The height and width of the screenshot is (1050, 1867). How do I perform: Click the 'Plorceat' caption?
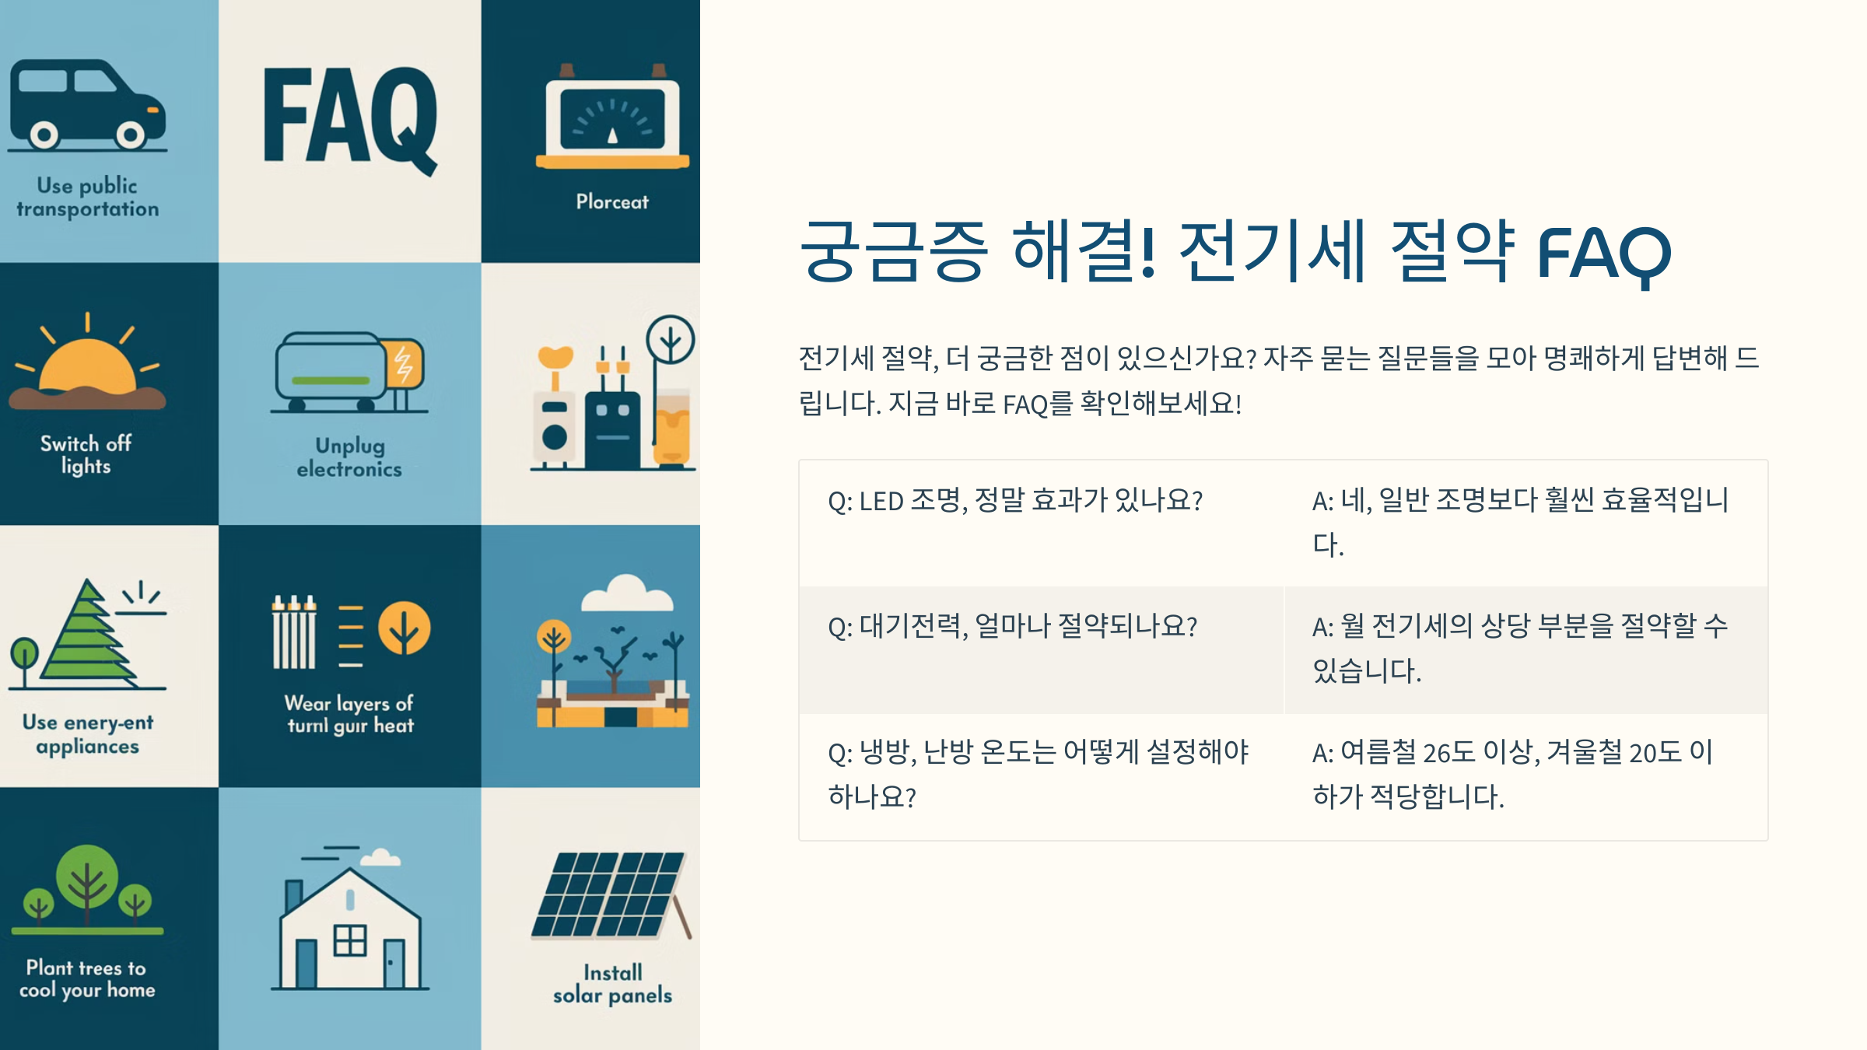click(612, 202)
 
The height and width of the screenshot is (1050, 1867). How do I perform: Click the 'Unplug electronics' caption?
click(349, 457)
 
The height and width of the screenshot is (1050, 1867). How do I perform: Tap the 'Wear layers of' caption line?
click(349, 703)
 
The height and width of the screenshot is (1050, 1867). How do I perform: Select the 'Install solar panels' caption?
click(612, 984)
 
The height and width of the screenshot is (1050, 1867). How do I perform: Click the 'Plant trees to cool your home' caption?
click(87, 978)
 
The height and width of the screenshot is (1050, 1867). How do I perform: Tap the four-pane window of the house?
click(350, 940)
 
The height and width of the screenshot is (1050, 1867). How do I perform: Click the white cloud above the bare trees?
click(627, 594)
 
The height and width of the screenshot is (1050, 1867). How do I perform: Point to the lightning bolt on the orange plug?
click(404, 365)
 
